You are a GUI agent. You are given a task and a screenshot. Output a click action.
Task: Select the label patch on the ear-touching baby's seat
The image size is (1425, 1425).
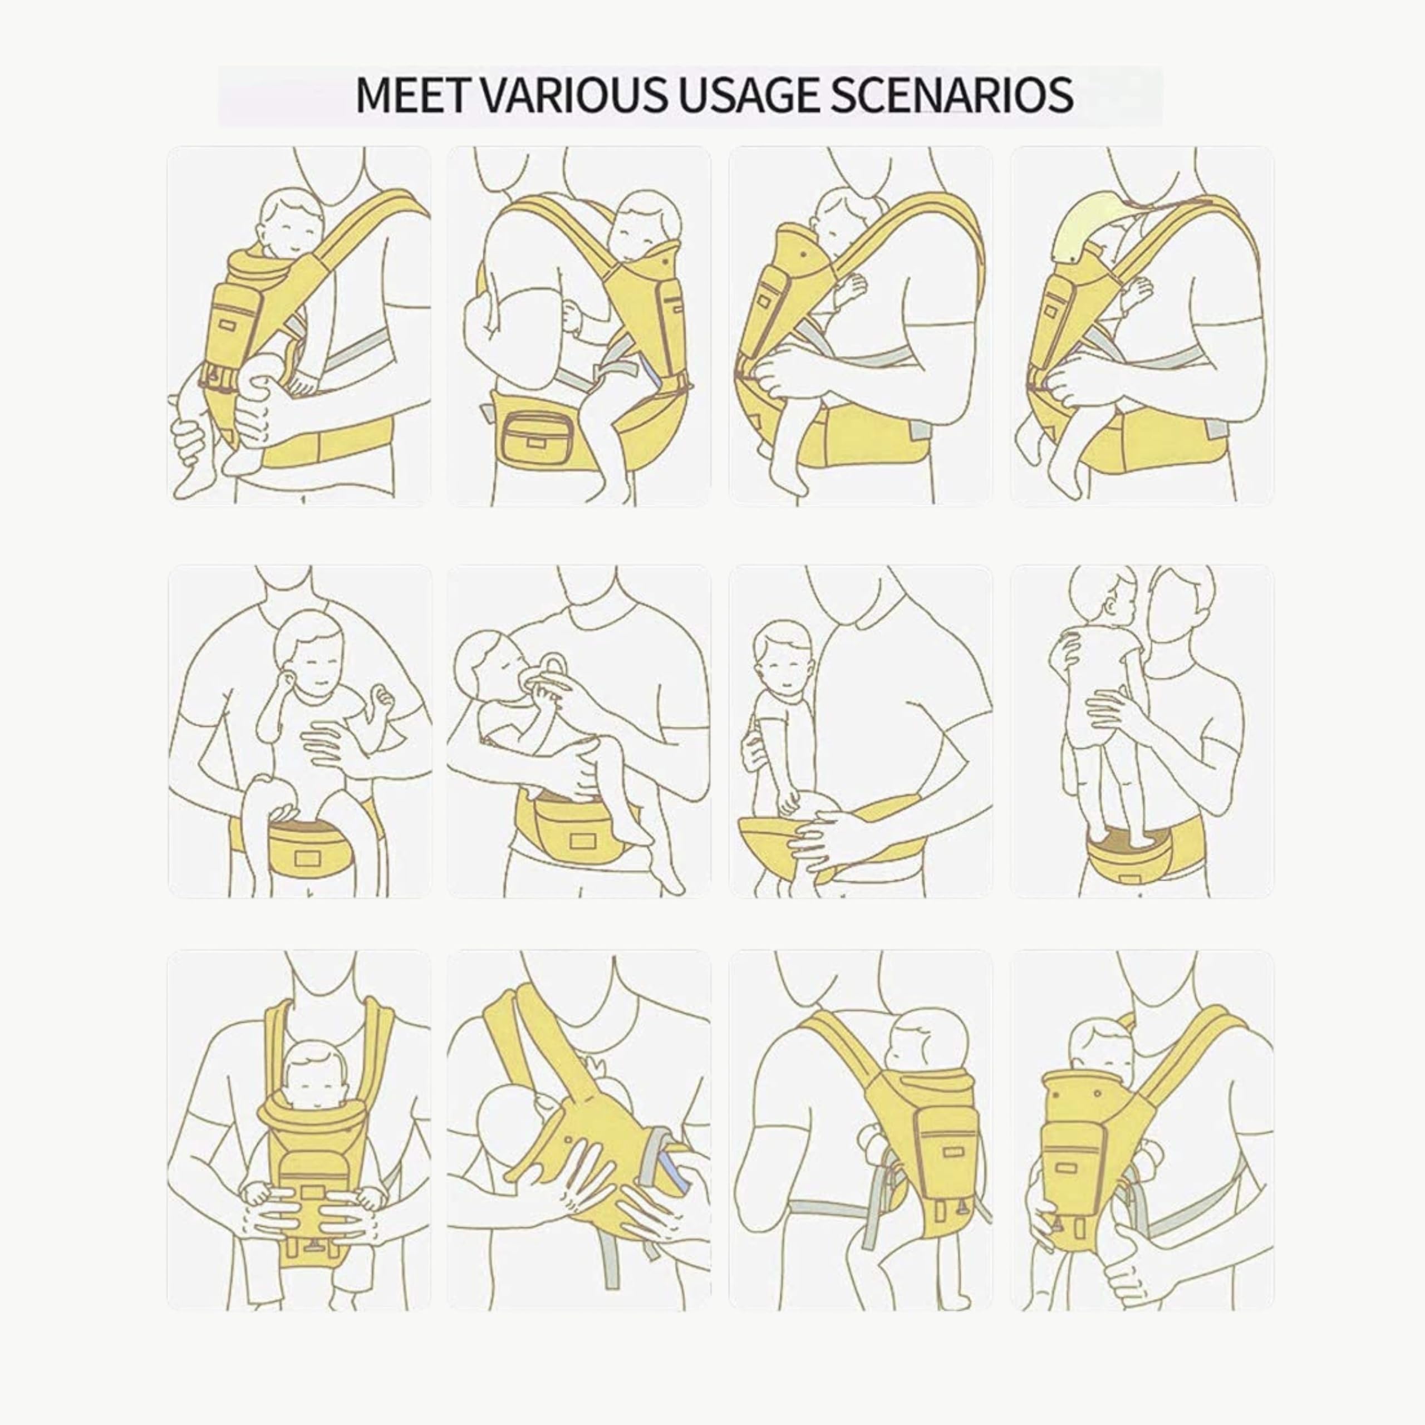coord(304,857)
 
